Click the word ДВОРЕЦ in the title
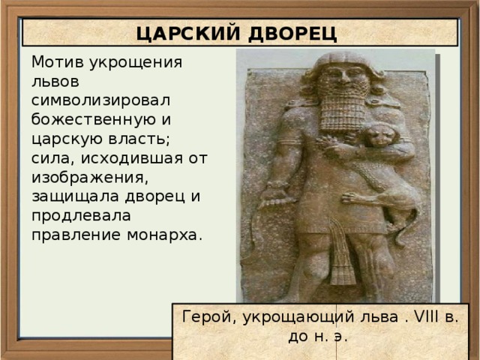point(295,33)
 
